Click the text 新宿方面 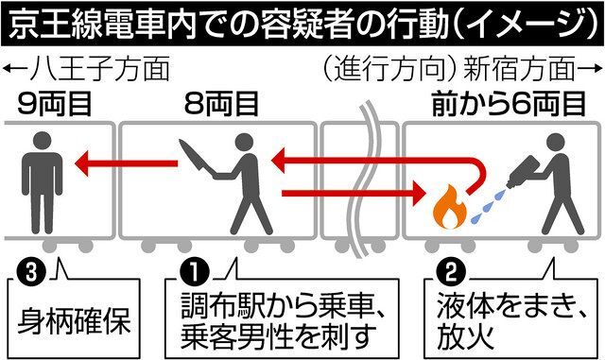click(533, 69)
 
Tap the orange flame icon click(446, 205)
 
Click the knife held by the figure click(198, 157)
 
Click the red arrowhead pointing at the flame click(421, 197)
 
